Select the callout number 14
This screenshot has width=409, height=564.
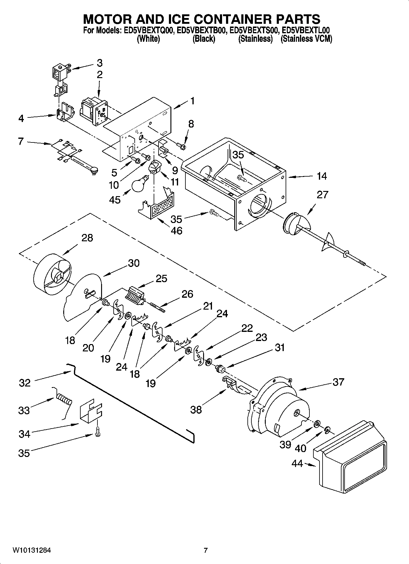pos(322,176)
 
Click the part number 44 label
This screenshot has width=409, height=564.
pos(297,464)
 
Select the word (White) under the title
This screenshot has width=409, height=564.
pos(148,39)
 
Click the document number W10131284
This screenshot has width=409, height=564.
pos(32,551)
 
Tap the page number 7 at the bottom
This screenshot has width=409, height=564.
pos(206,551)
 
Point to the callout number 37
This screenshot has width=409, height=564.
pos(338,382)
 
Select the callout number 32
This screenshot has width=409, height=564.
pos(25,383)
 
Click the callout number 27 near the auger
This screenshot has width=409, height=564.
pos(322,194)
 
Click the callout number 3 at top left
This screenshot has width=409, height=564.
pos(100,63)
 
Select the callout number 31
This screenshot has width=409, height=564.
pos(279,347)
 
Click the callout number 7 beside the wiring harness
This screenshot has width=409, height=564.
pos(21,142)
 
